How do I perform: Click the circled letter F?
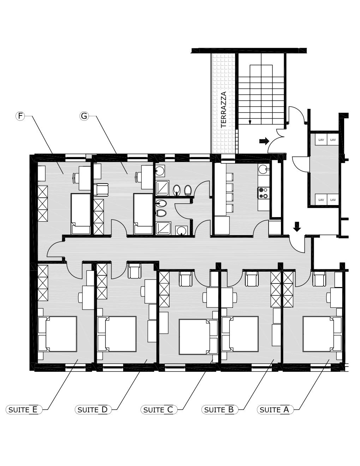point(20,116)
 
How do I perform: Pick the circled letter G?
point(84,116)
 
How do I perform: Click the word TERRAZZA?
point(224,109)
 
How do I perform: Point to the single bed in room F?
point(80,214)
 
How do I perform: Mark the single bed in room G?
point(143,214)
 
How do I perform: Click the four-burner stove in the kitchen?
point(264,193)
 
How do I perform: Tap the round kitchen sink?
point(263,169)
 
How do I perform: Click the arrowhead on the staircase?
point(250,122)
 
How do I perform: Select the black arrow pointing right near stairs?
point(264,141)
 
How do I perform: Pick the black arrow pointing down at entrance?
point(297,227)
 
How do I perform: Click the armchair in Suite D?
point(134,271)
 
